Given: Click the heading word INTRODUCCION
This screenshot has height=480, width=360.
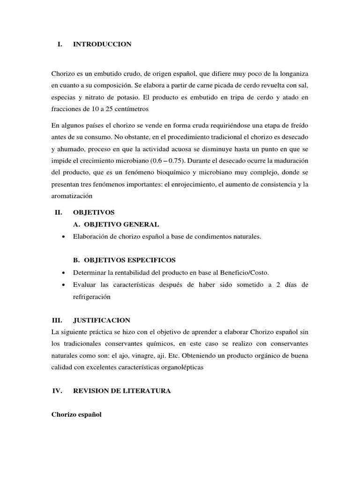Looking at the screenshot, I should click(102, 44).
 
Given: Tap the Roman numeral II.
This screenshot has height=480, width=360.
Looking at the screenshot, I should click(59, 212).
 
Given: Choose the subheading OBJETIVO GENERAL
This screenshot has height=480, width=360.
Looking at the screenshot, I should click(116, 225).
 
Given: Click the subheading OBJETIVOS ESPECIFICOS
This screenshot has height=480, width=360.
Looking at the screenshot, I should click(124, 260).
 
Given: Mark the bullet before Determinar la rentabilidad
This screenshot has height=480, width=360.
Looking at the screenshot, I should click(63, 273).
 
